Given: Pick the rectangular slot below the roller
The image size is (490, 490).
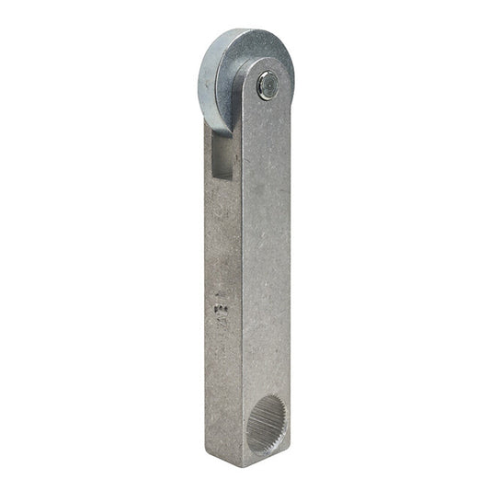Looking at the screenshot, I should click(x=222, y=154).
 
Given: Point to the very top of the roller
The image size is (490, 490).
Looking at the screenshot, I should click(x=244, y=29).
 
